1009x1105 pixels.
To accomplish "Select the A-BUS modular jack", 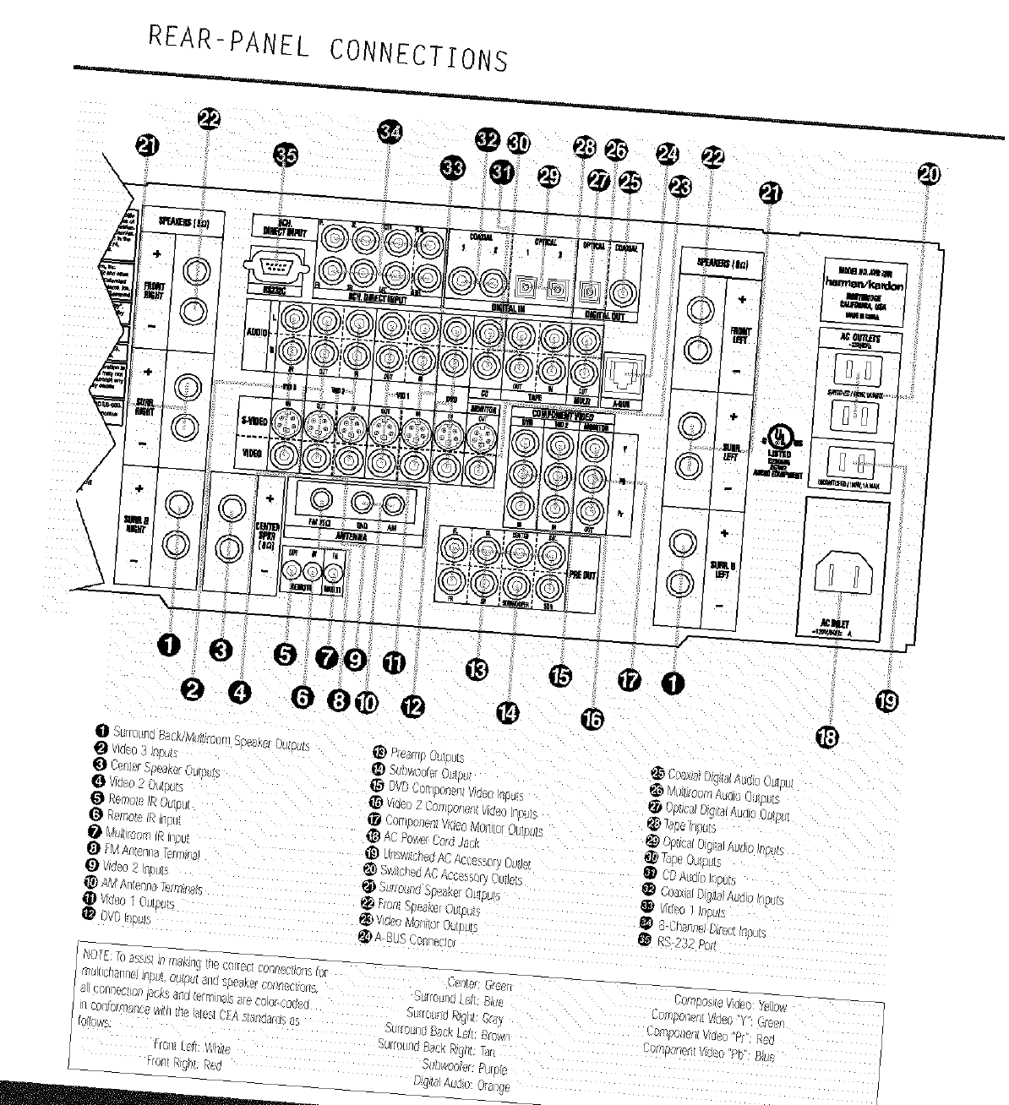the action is coord(623,373).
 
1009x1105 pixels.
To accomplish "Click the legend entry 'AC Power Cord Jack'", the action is coord(431,840).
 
